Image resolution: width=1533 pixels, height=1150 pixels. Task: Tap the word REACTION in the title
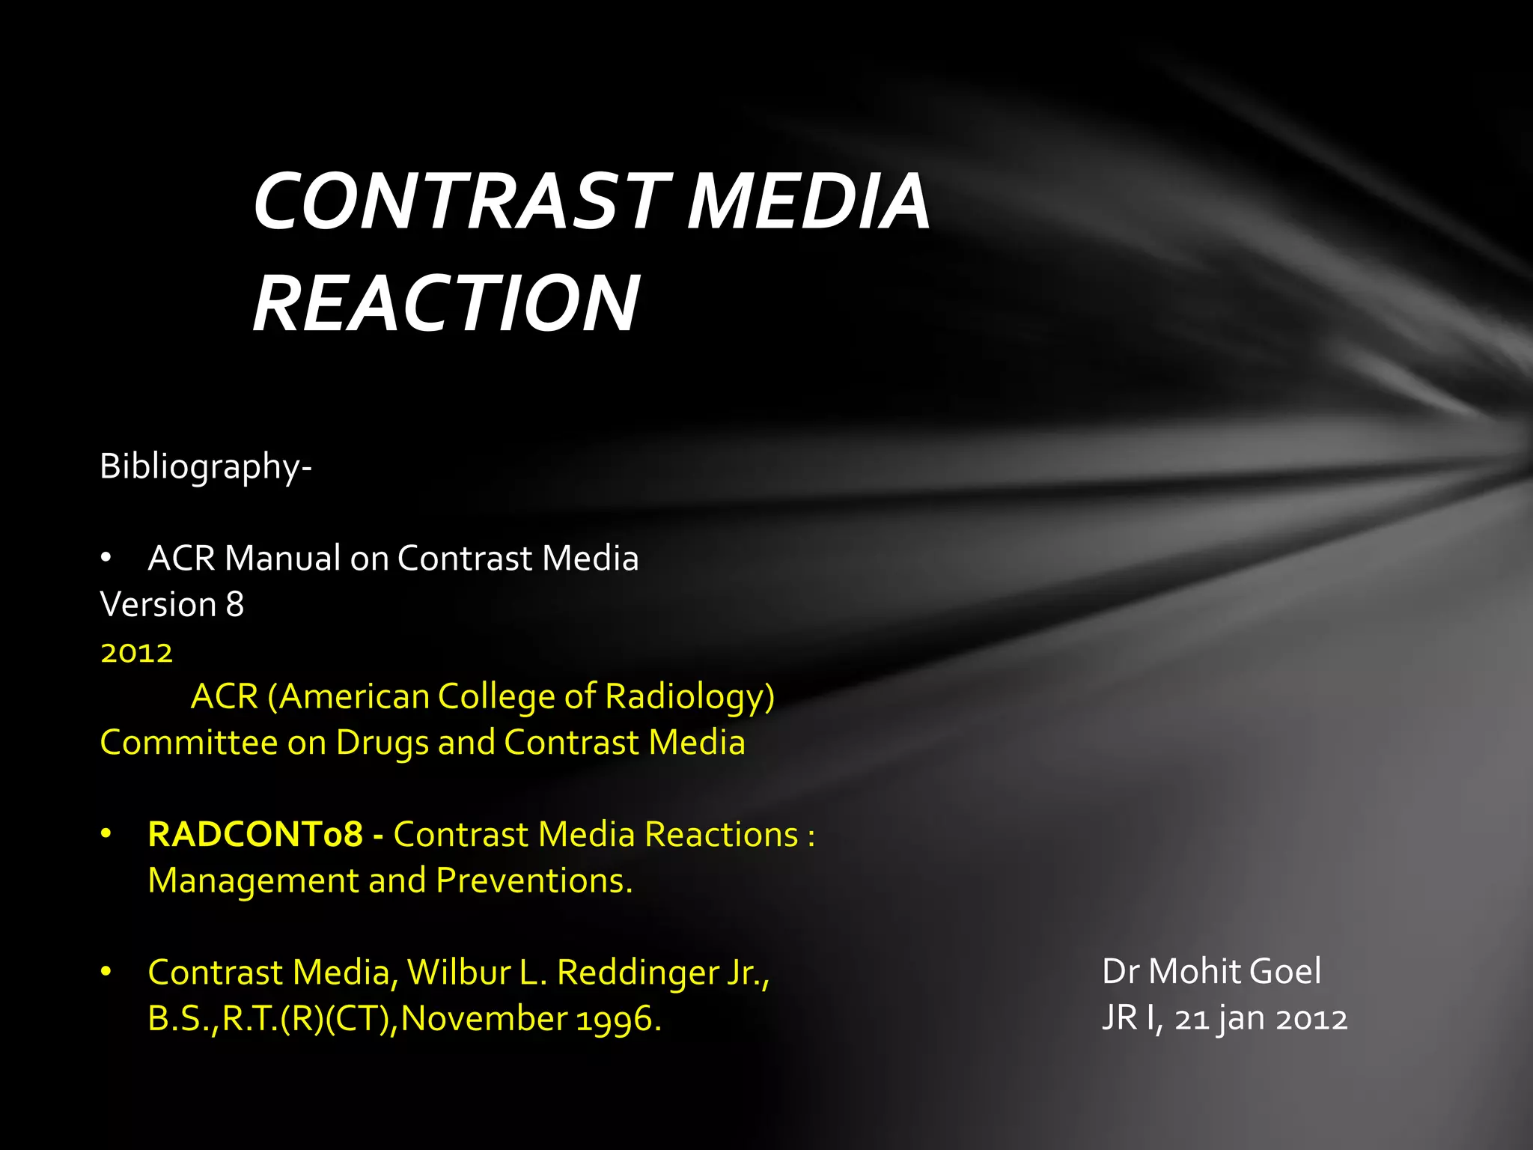446,303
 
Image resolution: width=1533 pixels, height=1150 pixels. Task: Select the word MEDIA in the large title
808,201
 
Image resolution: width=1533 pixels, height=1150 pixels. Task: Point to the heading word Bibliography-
206,467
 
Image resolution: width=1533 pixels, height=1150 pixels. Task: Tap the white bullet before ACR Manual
106,559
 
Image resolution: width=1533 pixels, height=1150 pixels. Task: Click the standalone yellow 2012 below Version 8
137,653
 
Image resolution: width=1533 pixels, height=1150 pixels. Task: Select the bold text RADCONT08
255,835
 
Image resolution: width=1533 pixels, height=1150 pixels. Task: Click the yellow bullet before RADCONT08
106,833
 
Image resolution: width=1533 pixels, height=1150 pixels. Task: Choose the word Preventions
534,881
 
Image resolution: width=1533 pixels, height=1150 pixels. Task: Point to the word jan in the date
1241,1020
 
